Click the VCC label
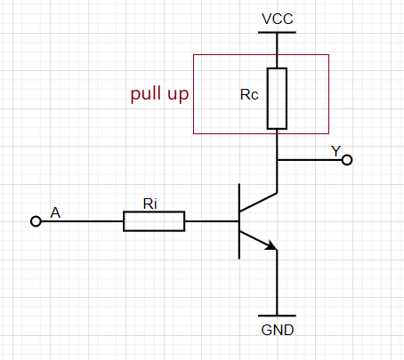coord(278,19)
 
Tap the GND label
coord(278,330)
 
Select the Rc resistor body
coord(277,99)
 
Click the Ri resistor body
coord(154,221)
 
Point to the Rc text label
coord(249,95)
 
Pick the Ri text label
coord(149,204)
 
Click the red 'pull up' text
coord(159,94)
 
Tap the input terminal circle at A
coord(36,221)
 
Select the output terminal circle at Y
coord(347,160)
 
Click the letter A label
coord(55,212)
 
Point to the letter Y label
coord(336,151)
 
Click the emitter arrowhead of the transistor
coord(271,245)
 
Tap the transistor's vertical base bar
coord(239,221)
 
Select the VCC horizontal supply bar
coord(277,32)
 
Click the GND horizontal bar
coord(277,316)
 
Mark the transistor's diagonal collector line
coord(258,202)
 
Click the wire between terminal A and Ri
coord(82,221)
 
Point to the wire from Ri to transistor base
coord(212,221)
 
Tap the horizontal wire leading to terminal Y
coord(310,160)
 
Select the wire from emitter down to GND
coord(277,283)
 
